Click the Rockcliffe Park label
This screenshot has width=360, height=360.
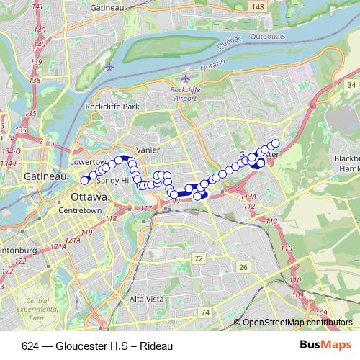tap(111, 107)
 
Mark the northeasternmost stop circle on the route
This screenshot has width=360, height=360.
tap(275, 143)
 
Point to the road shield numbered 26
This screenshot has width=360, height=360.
tap(243, 267)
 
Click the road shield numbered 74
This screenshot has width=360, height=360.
tap(206, 312)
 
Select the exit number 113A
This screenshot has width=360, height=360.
tap(248, 197)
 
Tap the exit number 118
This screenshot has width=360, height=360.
tap(111, 218)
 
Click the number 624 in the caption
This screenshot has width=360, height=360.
tap(30, 346)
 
